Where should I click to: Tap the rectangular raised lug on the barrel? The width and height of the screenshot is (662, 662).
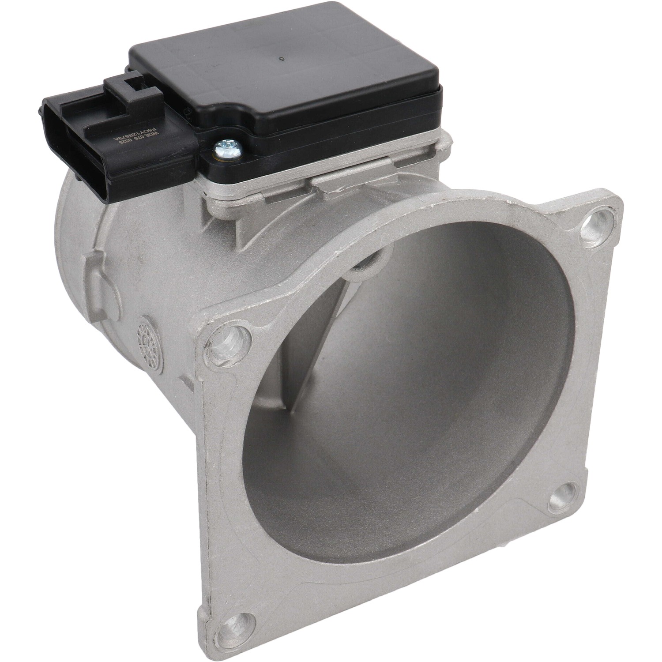[x=96, y=272]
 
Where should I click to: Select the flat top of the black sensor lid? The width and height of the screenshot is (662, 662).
[x=282, y=75]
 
